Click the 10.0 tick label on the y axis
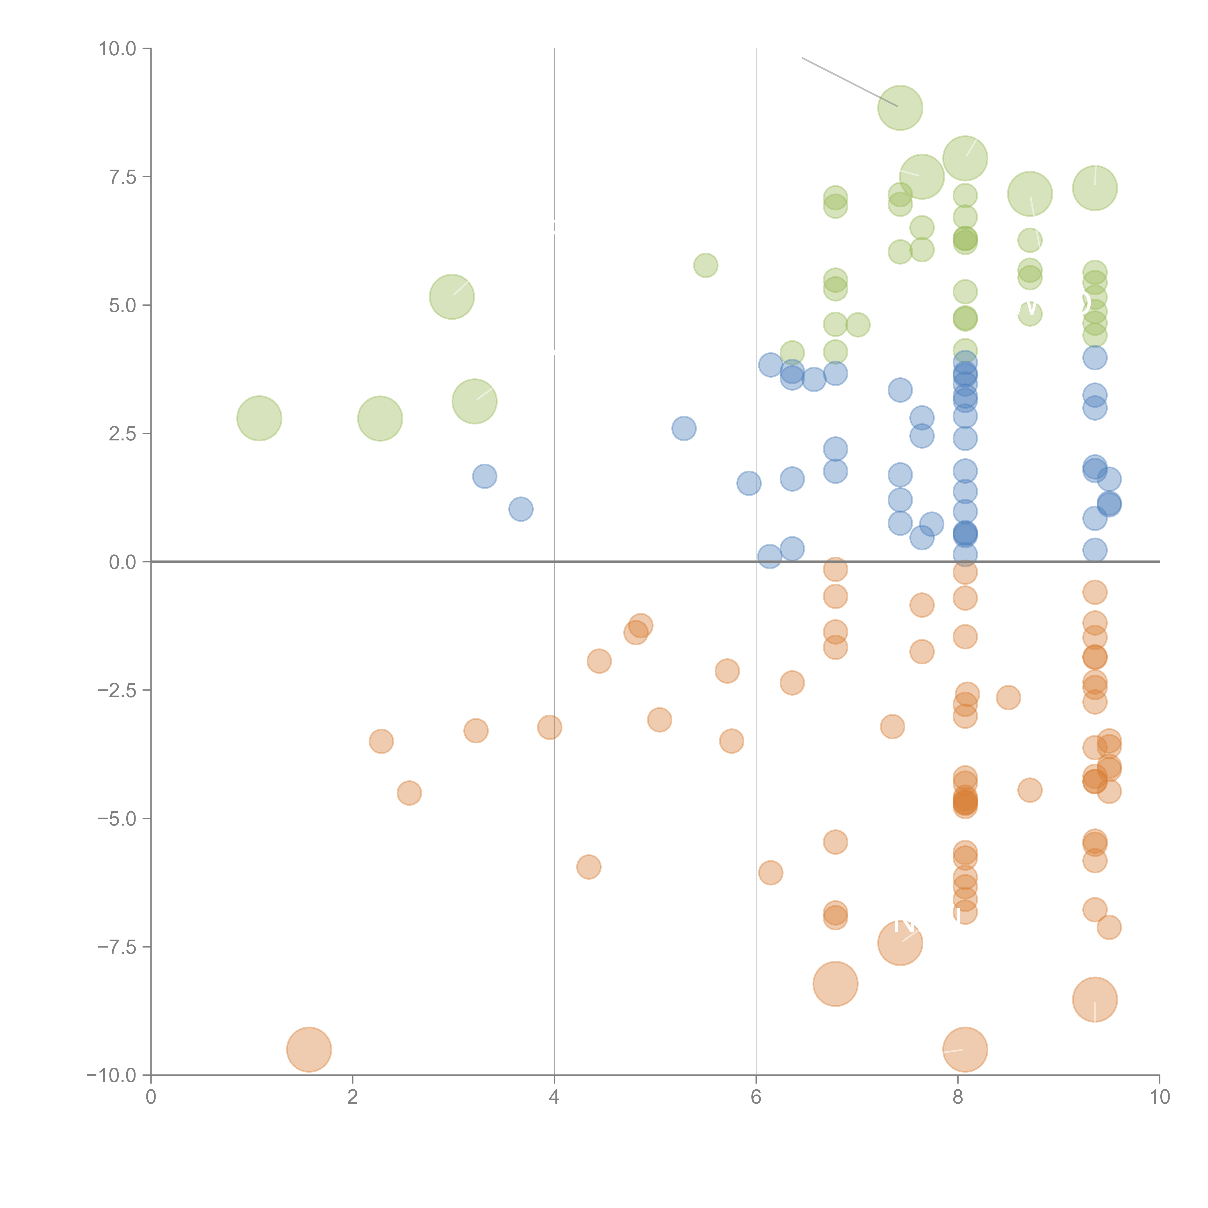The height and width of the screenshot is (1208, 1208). (118, 49)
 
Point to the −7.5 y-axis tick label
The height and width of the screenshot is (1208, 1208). (118, 947)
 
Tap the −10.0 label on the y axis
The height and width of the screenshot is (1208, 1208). (113, 1075)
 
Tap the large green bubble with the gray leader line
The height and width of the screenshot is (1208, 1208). (900, 108)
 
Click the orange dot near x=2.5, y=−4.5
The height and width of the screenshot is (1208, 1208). (409, 793)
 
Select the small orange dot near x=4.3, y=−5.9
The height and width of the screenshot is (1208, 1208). (588, 867)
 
